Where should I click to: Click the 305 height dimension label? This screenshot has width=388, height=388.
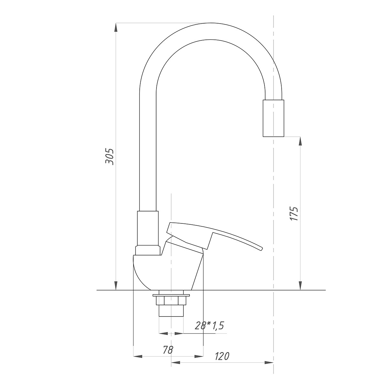(x=110, y=157)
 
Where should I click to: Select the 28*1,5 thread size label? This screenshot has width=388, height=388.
(x=210, y=325)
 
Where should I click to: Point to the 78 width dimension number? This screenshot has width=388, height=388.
(x=168, y=350)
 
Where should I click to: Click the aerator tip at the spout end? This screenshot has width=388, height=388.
(x=274, y=118)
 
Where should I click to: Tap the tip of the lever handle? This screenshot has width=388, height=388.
(x=262, y=249)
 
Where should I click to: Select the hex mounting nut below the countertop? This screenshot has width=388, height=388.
(x=171, y=301)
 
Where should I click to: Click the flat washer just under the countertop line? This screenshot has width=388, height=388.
(x=171, y=295)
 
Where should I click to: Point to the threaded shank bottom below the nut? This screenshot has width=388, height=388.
(x=171, y=311)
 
